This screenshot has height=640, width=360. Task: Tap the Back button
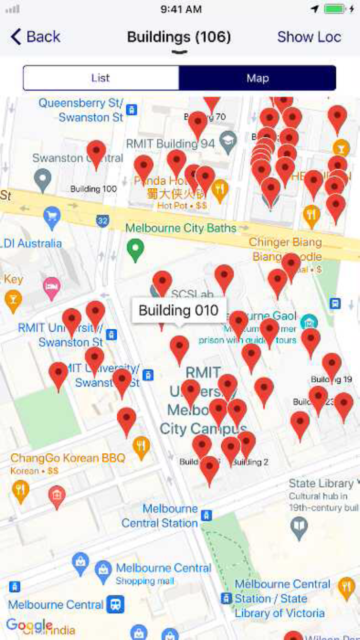(35, 37)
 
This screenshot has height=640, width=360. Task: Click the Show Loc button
(309, 37)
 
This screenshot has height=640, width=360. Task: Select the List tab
(101, 78)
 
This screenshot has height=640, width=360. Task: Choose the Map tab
(258, 78)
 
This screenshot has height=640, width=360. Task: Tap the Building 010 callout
(179, 310)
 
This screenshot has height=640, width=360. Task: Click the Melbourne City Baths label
(181, 228)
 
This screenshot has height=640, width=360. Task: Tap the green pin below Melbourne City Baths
(135, 250)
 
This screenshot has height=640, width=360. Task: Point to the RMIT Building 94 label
(170, 144)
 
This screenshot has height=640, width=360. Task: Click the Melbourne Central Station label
(160, 515)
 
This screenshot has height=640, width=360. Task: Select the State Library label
(321, 484)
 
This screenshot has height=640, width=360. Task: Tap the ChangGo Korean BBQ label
(68, 458)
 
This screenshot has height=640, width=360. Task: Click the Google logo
(29, 625)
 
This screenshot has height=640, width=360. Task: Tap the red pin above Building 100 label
(96, 153)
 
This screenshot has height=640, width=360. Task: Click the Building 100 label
(94, 189)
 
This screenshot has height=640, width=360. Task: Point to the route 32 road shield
(102, 221)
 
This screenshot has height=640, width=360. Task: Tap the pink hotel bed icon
(51, 287)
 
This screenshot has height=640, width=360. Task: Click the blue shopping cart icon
(51, 218)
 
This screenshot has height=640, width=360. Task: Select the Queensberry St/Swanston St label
(81, 110)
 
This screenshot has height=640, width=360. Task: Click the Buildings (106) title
(179, 37)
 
